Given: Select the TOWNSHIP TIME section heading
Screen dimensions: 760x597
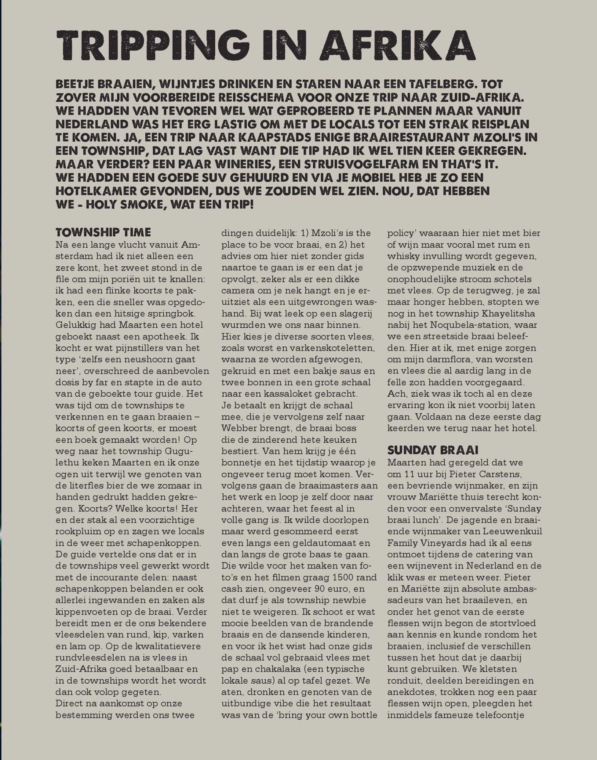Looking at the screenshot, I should [x=103, y=232].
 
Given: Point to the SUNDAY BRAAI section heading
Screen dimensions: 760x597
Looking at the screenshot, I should [x=433, y=450].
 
